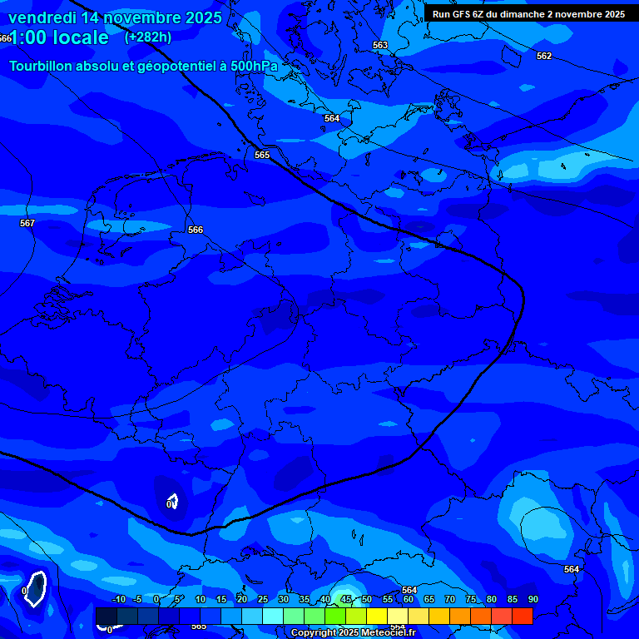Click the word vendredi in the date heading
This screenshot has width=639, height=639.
(42, 17)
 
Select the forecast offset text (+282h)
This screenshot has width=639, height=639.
(148, 37)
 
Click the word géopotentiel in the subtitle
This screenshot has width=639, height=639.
(162, 66)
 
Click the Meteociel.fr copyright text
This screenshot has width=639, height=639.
(364, 633)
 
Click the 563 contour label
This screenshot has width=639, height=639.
(380, 46)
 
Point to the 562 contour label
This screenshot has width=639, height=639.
(544, 56)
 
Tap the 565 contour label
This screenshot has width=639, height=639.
(262, 155)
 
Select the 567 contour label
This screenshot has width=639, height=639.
(27, 223)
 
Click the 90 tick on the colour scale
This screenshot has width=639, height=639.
(532, 599)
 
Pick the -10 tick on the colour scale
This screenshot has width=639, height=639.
(118, 599)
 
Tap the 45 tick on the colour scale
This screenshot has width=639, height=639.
(346, 599)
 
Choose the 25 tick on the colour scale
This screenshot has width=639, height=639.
(263, 599)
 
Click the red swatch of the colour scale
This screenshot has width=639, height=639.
(522, 616)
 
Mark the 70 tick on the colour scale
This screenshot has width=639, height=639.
(450, 599)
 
